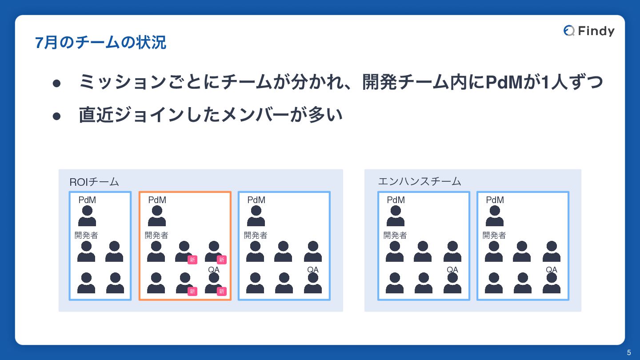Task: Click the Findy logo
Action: tap(589, 31)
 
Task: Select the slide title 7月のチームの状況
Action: tap(100, 43)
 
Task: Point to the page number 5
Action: tap(629, 353)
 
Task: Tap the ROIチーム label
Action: tap(94, 182)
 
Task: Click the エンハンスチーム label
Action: tap(419, 181)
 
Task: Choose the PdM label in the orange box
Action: tap(157, 200)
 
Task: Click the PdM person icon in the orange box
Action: tap(157, 216)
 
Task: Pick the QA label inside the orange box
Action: tap(214, 270)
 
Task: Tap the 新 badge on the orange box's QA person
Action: tap(221, 291)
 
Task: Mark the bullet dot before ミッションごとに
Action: tap(56, 83)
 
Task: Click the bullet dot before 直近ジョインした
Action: tap(56, 116)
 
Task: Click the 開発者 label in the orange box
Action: tap(156, 235)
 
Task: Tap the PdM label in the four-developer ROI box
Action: tap(87, 200)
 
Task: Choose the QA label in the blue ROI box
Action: tap(313, 270)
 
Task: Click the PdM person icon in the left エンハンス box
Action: tap(396, 216)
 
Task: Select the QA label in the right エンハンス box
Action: tap(552, 270)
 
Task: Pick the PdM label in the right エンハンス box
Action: tap(495, 200)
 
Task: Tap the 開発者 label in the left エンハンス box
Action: tap(395, 235)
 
